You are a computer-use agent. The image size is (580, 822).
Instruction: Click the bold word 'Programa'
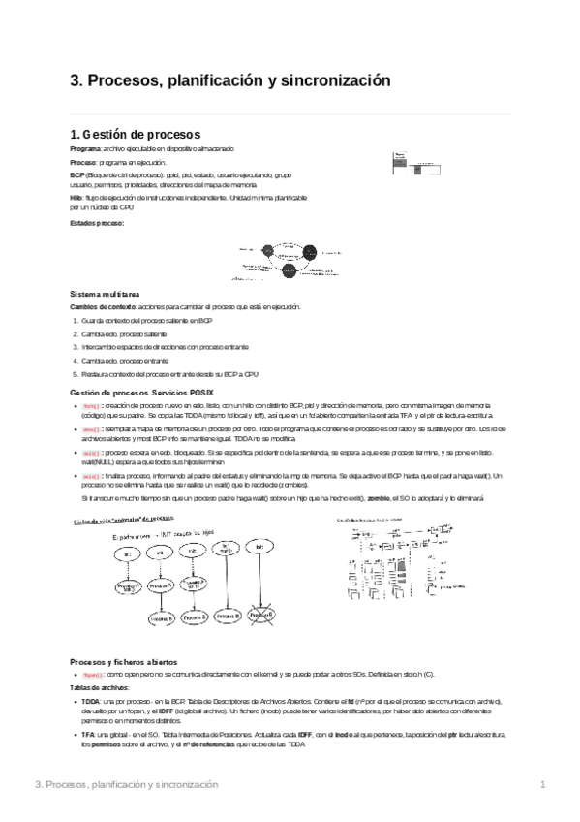[84, 149]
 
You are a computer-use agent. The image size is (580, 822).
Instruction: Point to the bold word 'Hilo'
[76, 198]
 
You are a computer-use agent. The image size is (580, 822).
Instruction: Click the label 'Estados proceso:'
[97, 224]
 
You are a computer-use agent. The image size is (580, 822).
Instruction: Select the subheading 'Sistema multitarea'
[105, 293]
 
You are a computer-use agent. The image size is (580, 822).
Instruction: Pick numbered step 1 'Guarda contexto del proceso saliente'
[146, 320]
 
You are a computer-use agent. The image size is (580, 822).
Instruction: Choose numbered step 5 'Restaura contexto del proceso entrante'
[169, 374]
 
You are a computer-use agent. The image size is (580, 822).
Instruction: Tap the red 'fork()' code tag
[91, 405]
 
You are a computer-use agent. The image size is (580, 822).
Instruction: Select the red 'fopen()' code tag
[93, 673]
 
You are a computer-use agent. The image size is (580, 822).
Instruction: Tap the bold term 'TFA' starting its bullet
[87, 736]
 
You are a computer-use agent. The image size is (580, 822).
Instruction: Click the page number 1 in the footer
[543, 784]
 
